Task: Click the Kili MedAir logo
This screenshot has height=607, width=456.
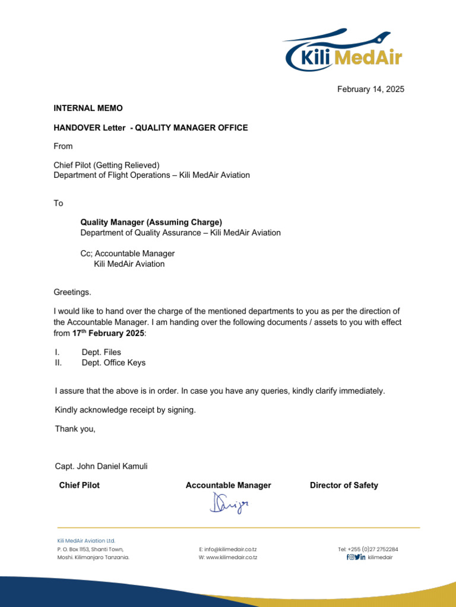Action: tap(344, 50)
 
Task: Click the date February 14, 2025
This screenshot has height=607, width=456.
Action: tap(370, 89)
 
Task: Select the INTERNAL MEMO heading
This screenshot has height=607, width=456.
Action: tap(88, 108)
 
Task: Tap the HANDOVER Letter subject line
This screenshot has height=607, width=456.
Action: tap(151, 127)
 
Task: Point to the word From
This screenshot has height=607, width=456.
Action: tap(63, 146)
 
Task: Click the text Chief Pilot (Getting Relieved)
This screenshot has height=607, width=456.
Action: tap(107, 165)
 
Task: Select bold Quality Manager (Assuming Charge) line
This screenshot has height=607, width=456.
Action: tap(151, 222)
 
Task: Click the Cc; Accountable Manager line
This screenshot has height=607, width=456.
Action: tap(128, 254)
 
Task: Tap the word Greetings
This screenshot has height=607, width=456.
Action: tap(72, 292)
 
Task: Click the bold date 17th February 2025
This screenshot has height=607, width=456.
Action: tap(104, 333)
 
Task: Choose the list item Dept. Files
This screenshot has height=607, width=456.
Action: tap(101, 352)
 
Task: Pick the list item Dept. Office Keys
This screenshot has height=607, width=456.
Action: tap(113, 363)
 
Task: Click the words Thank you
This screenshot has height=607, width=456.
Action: tap(75, 429)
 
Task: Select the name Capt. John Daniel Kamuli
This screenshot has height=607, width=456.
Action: tap(101, 467)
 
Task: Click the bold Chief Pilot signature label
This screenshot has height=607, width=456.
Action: tap(80, 485)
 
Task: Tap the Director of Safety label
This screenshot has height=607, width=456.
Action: tap(344, 485)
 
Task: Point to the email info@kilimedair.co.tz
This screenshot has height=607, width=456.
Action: tap(228, 550)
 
